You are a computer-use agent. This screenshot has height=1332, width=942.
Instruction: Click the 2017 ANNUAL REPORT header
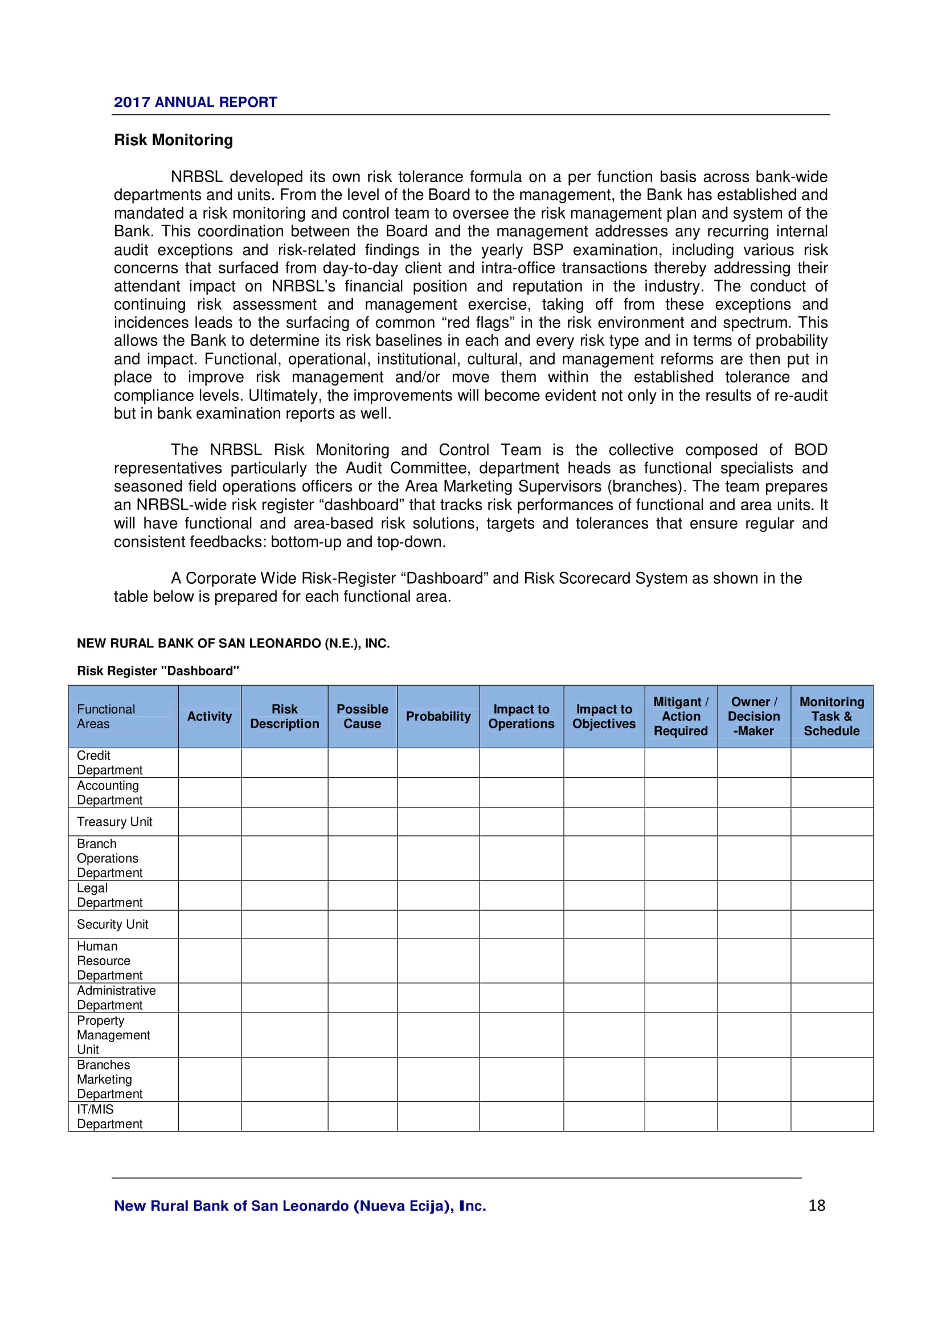[x=195, y=102]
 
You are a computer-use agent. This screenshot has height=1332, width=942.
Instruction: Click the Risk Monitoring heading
[x=174, y=140]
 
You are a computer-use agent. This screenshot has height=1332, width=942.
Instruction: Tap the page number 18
[x=816, y=1205]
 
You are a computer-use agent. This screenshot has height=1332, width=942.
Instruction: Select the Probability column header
[x=438, y=716]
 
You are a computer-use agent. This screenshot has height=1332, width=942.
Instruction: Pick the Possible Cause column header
[x=362, y=716]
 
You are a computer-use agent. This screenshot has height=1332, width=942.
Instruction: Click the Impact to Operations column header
[x=521, y=716]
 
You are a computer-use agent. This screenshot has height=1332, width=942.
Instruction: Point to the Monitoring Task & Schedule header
[x=831, y=716]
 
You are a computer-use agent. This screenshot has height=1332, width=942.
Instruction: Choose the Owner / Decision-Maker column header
[x=753, y=716]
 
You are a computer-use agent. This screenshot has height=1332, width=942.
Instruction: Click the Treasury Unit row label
[x=114, y=822]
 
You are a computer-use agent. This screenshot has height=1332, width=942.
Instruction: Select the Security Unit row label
[x=113, y=924]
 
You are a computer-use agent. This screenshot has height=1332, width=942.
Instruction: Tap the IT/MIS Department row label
[x=109, y=1117]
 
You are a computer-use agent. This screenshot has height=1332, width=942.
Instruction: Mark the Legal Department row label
[x=109, y=895]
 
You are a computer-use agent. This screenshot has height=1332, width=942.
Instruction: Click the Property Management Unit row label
[x=113, y=1035]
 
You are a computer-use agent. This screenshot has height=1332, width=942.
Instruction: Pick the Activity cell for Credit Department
[x=210, y=763]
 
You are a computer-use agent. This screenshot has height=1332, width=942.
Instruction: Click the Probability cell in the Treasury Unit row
[x=438, y=822]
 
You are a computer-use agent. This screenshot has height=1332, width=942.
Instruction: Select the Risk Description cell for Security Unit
[x=284, y=924]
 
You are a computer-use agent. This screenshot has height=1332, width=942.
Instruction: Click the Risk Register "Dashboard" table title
[x=158, y=671]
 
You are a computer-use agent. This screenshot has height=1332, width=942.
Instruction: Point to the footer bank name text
[x=300, y=1206]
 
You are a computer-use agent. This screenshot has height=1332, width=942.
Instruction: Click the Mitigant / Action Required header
[x=681, y=716]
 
